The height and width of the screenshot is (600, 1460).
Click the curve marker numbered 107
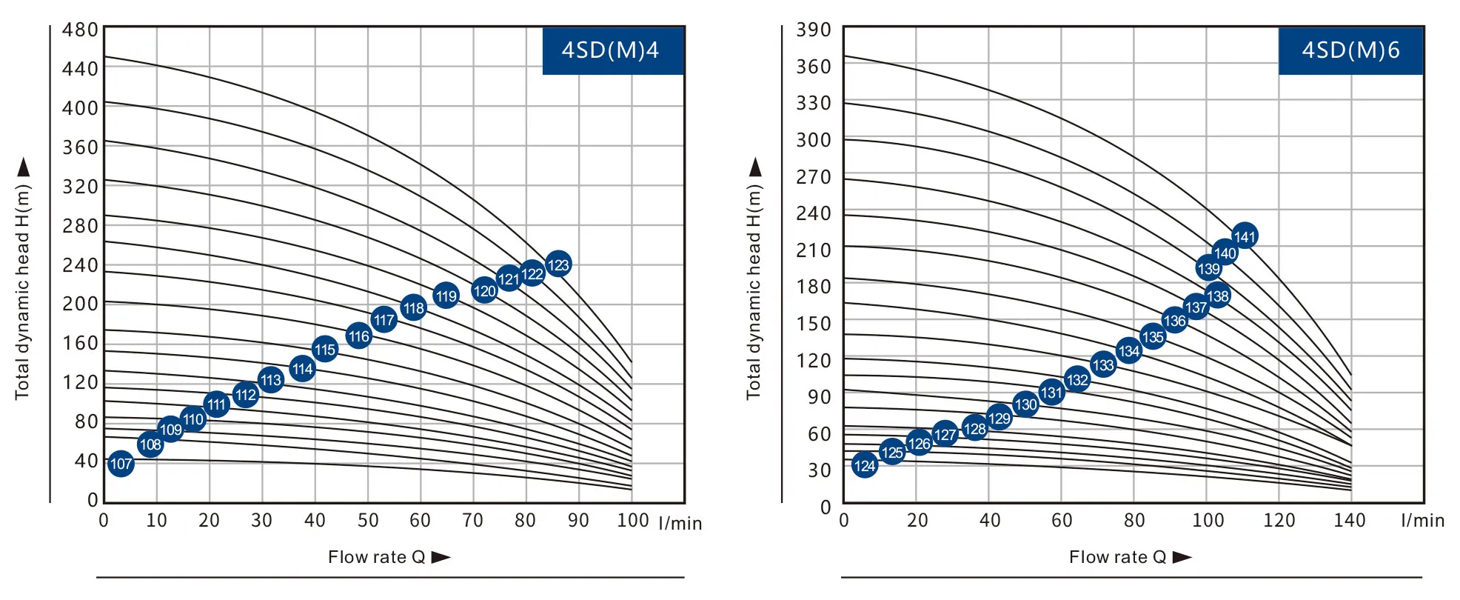(x=121, y=464)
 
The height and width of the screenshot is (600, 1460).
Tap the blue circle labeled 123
(x=558, y=264)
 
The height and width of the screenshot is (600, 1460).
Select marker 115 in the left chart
(x=325, y=350)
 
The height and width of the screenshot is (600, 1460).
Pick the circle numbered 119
(x=446, y=296)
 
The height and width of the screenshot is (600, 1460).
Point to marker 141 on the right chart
(x=1245, y=236)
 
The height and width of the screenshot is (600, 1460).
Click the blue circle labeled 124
(x=865, y=465)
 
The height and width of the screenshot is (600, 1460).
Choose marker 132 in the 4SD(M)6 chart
(x=1077, y=380)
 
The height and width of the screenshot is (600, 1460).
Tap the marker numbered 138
(x=1218, y=296)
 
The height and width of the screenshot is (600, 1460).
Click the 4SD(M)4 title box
(x=612, y=50)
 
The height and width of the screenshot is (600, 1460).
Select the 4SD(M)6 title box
(x=1350, y=50)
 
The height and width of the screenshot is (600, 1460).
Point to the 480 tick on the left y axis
(x=80, y=30)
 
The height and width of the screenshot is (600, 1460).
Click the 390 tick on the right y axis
(x=813, y=30)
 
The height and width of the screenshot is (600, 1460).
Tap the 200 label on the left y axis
(x=80, y=304)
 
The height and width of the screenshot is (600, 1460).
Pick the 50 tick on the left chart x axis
(x=368, y=520)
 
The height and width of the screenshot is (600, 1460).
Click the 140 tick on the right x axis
(x=1350, y=520)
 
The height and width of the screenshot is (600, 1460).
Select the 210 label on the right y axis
(x=813, y=250)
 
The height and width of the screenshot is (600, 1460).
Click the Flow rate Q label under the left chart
(x=377, y=557)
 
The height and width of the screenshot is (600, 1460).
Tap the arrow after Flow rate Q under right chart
(x=1182, y=557)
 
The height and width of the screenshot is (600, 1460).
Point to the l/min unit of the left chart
(x=680, y=523)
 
